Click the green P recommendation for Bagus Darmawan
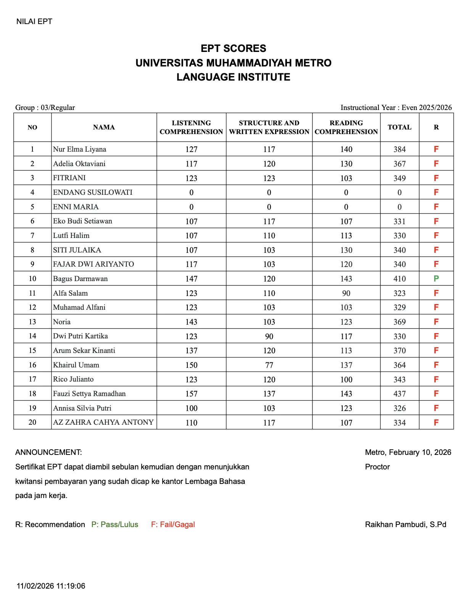coord(436,278)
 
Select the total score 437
coord(399,393)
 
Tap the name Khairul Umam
coord(76,365)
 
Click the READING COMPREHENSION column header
coord(346,127)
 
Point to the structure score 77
coord(269,365)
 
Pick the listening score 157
coord(191,393)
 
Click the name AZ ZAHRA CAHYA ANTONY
coord(103,422)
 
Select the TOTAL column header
coord(399,127)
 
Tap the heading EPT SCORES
coord(233,49)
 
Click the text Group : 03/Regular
coord(45,107)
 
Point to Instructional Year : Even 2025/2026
coord(396,107)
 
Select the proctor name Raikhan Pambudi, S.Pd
coord(406,524)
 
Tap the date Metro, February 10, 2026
coord(408,452)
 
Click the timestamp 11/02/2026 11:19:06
coord(51,586)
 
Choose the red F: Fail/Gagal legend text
coord(173,524)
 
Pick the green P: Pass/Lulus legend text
coord(114,524)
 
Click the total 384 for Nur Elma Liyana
coord(399,149)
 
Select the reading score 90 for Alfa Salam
coord(346,293)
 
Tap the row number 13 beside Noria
coord(32,322)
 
